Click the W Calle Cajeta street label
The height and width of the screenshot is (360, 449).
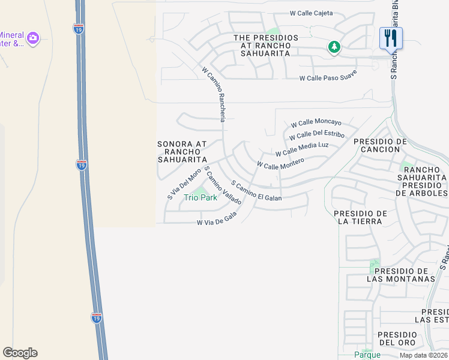[311, 13]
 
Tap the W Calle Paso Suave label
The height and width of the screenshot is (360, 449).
[328, 76]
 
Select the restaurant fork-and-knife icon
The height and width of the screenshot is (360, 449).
[391, 38]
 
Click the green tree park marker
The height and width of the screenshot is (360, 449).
[334, 46]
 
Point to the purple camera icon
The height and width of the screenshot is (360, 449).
[33, 38]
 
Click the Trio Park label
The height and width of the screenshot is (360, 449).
[200, 197]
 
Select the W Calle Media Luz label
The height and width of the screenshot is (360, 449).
[302, 149]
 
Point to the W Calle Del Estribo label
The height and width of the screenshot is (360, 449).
[317, 136]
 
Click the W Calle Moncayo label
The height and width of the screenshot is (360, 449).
[316, 122]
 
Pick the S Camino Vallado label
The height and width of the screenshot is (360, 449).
[223, 186]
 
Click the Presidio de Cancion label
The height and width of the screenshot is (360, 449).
[381, 145]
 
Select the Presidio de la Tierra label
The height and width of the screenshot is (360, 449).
[360, 218]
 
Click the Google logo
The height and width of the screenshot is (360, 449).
[20, 353]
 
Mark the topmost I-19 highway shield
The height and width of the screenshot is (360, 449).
[79, 28]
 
